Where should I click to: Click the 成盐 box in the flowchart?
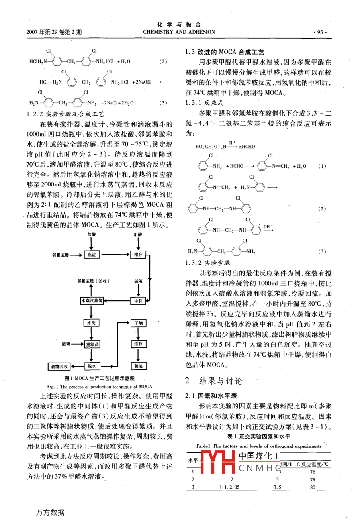point(91,255)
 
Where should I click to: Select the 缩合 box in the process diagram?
point(138,255)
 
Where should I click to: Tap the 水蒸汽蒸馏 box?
point(92,301)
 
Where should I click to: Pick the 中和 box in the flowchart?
point(138,301)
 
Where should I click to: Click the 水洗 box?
point(91,323)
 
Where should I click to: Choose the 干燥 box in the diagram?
point(138,323)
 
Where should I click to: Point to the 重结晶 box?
point(92,344)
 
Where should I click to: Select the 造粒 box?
point(138,344)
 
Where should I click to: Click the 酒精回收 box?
point(59,366)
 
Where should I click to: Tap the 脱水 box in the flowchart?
point(92,366)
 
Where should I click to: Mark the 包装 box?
point(138,366)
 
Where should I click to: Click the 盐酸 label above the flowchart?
point(92,235)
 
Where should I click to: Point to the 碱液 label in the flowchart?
point(138,281)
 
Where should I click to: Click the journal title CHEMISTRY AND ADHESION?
point(179,32)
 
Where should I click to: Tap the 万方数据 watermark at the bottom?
point(50,512)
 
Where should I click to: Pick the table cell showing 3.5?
point(277,487)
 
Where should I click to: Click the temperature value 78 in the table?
point(313,479)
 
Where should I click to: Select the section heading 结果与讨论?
point(220,381)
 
